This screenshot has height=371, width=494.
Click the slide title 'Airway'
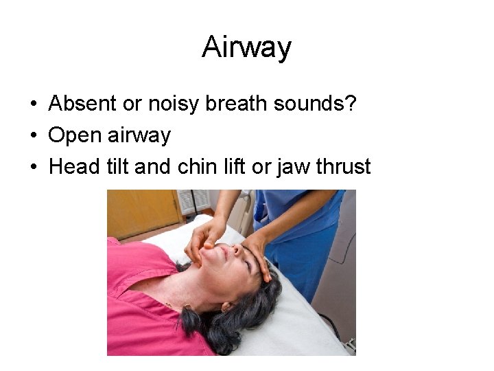[247, 47]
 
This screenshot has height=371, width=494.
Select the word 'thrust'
[344, 166]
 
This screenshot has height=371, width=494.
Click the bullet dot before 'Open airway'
[32, 135]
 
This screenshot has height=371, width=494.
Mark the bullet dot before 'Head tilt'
[32, 167]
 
